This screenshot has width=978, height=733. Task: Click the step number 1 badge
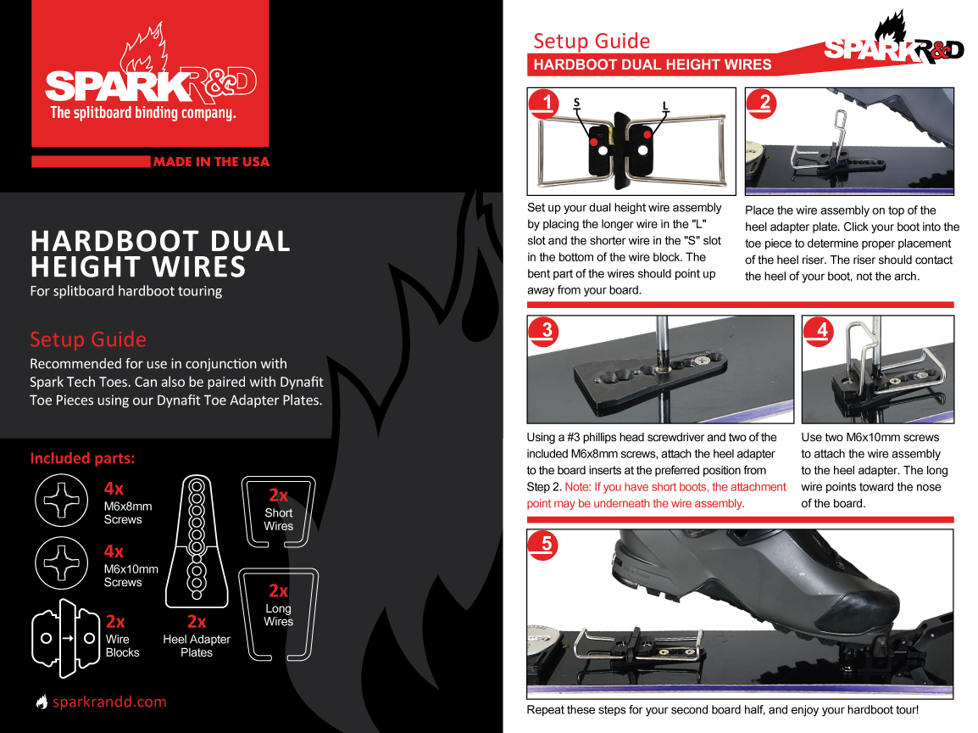point(547,104)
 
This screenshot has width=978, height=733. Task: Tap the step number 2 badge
point(764,104)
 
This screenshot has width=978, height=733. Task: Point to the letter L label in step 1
point(665,106)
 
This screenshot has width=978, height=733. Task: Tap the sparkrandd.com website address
point(109,702)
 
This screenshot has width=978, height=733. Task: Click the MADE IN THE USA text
point(211,161)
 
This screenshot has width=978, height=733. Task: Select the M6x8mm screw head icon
point(62,501)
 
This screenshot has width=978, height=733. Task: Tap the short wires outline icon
point(278,513)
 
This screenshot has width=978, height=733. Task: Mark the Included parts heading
point(82,458)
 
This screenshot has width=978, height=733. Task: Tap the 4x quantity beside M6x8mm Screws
point(114,489)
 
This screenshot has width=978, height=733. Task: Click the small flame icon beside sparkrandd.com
point(42,702)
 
